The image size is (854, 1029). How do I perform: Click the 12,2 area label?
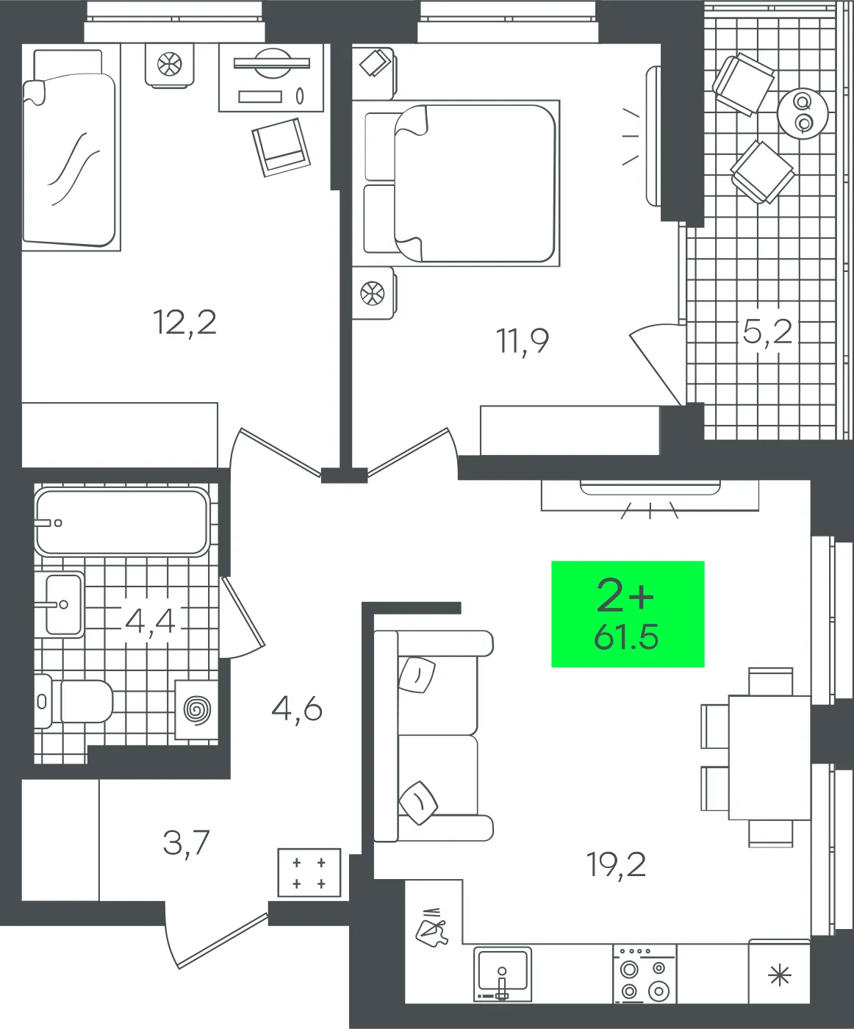(184, 323)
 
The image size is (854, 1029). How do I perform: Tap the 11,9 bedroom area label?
(523, 341)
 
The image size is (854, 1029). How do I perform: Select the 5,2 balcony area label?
(767, 331)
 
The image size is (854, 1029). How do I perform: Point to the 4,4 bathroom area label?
(151, 621)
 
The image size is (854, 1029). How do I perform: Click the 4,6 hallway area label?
(297, 710)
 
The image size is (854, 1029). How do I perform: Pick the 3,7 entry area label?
(186, 843)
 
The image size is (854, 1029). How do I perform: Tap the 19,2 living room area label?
(616, 864)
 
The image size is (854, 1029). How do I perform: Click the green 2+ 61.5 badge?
(628, 614)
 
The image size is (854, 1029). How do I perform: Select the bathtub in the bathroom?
(122, 521)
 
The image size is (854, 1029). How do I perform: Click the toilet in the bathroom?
(74, 701)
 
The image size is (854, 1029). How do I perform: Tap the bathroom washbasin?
(59, 604)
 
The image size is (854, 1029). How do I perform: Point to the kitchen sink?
(503, 975)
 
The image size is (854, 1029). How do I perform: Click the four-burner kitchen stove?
(645, 974)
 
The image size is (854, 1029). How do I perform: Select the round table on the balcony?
(803, 113)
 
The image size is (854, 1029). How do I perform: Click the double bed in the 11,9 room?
(462, 183)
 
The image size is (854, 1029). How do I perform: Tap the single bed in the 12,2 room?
(71, 147)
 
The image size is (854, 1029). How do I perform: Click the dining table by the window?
(769, 758)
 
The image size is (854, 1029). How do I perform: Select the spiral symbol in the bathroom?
(197, 710)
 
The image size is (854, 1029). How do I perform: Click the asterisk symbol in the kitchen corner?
(780, 975)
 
